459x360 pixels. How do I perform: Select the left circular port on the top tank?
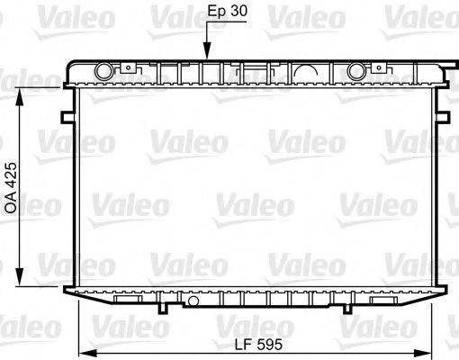(105, 70)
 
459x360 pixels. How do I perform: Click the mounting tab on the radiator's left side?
(67, 116)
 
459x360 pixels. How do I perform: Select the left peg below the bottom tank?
(163, 308)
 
